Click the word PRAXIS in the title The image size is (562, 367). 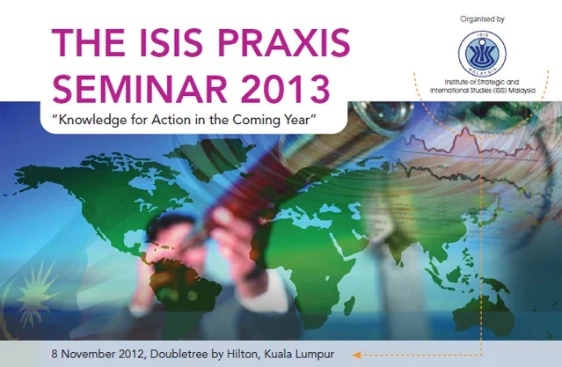[x=283, y=42]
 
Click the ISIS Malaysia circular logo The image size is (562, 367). [x=482, y=53]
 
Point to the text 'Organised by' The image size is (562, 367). [x=482, y=19]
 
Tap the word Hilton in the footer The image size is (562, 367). [x=242, y=354]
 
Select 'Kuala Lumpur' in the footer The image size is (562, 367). [x=299, y=355]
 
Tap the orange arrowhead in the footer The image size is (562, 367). [x=356, y=356]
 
